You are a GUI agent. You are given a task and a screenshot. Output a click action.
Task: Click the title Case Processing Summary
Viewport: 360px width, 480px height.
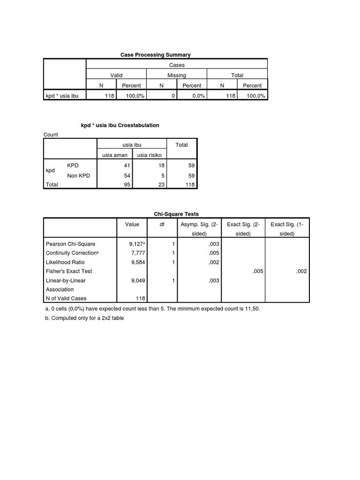(x=156, y=55)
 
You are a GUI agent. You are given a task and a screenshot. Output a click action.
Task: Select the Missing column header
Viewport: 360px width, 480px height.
(x=177, y=75)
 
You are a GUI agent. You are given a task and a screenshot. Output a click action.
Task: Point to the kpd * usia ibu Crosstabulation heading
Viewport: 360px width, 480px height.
(x=120, y=125)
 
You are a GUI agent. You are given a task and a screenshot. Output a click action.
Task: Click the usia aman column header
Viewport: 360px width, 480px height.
(x=114, y=156)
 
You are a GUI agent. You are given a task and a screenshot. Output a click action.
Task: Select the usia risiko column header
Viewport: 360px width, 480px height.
(x=150, y=156)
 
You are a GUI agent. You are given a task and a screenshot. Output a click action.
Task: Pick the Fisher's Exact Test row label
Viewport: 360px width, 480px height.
(x=68, y=271)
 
